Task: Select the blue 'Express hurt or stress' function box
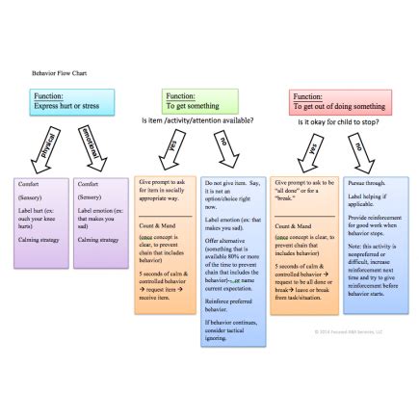(x=72, y=101)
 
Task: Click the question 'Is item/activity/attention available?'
(x=197, y=121)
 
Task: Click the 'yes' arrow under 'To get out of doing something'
(x=310, y=148)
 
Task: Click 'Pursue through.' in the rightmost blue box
(x=365, y=182)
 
